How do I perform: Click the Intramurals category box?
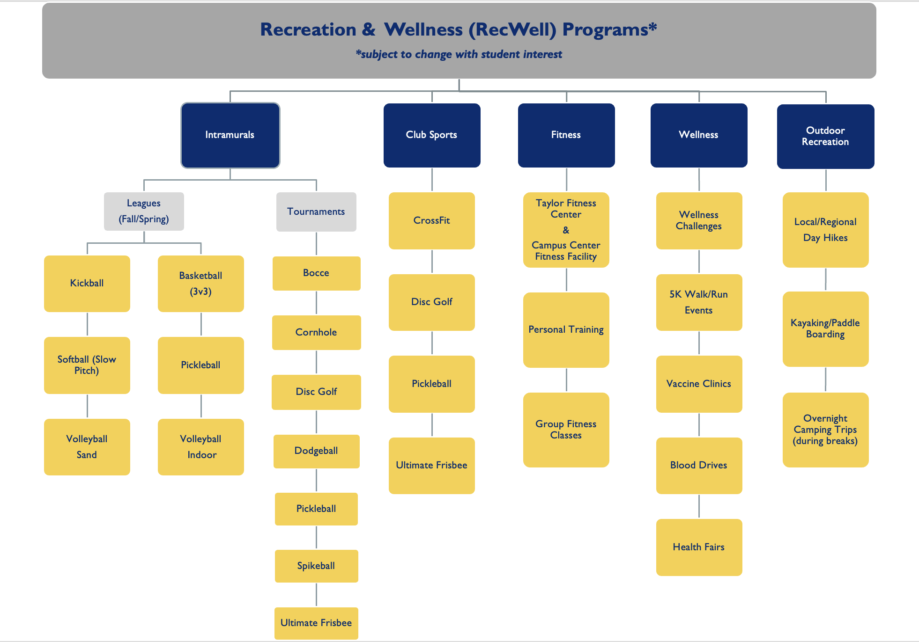tap(230, 135)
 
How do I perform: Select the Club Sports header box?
tap(432, 135)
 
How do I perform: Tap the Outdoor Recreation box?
tap(825, 136)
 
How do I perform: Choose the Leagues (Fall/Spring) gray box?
tap(144, 212)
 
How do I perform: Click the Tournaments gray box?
tap(316, 212)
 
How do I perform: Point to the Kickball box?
tap(87, 284)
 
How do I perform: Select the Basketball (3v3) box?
tap(201, 284)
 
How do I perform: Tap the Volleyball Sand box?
tap(87, 447)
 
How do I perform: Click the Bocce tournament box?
tap(317, 273)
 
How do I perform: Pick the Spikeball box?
tap(317, 566)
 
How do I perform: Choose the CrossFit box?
tap(432, 221)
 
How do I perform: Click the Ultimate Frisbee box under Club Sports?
tap(432, 466)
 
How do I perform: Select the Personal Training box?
tap(566, 330)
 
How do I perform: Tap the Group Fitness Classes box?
tap(566, 430)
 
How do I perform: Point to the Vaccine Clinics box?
tap(699, 384)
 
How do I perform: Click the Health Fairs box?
tap(699, 547)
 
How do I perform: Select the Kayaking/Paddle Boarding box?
tap(826, 329)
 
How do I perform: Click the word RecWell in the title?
tap(512, 29)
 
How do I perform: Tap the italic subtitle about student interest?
tap(459, 54)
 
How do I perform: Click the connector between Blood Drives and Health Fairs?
tap(699, 506)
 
